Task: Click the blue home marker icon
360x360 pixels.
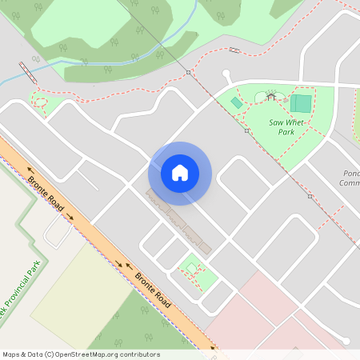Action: [x=180, y=172]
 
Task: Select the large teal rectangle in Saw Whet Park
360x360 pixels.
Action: [x=302, y=103]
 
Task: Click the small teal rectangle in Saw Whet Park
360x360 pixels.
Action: [x=237, y=103]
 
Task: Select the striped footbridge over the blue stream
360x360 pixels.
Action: [x=26, y=73]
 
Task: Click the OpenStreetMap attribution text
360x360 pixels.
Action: [x=81, y=354]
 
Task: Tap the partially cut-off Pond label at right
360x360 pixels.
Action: [x=350, y=178]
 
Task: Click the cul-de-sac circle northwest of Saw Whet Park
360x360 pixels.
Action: [x=226, y=74]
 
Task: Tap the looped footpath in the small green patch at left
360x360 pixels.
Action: [x=40, y=102]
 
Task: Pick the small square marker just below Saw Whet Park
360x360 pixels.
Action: [x=310, y=195]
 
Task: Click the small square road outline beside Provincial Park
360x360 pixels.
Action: [x=58, y=232]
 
